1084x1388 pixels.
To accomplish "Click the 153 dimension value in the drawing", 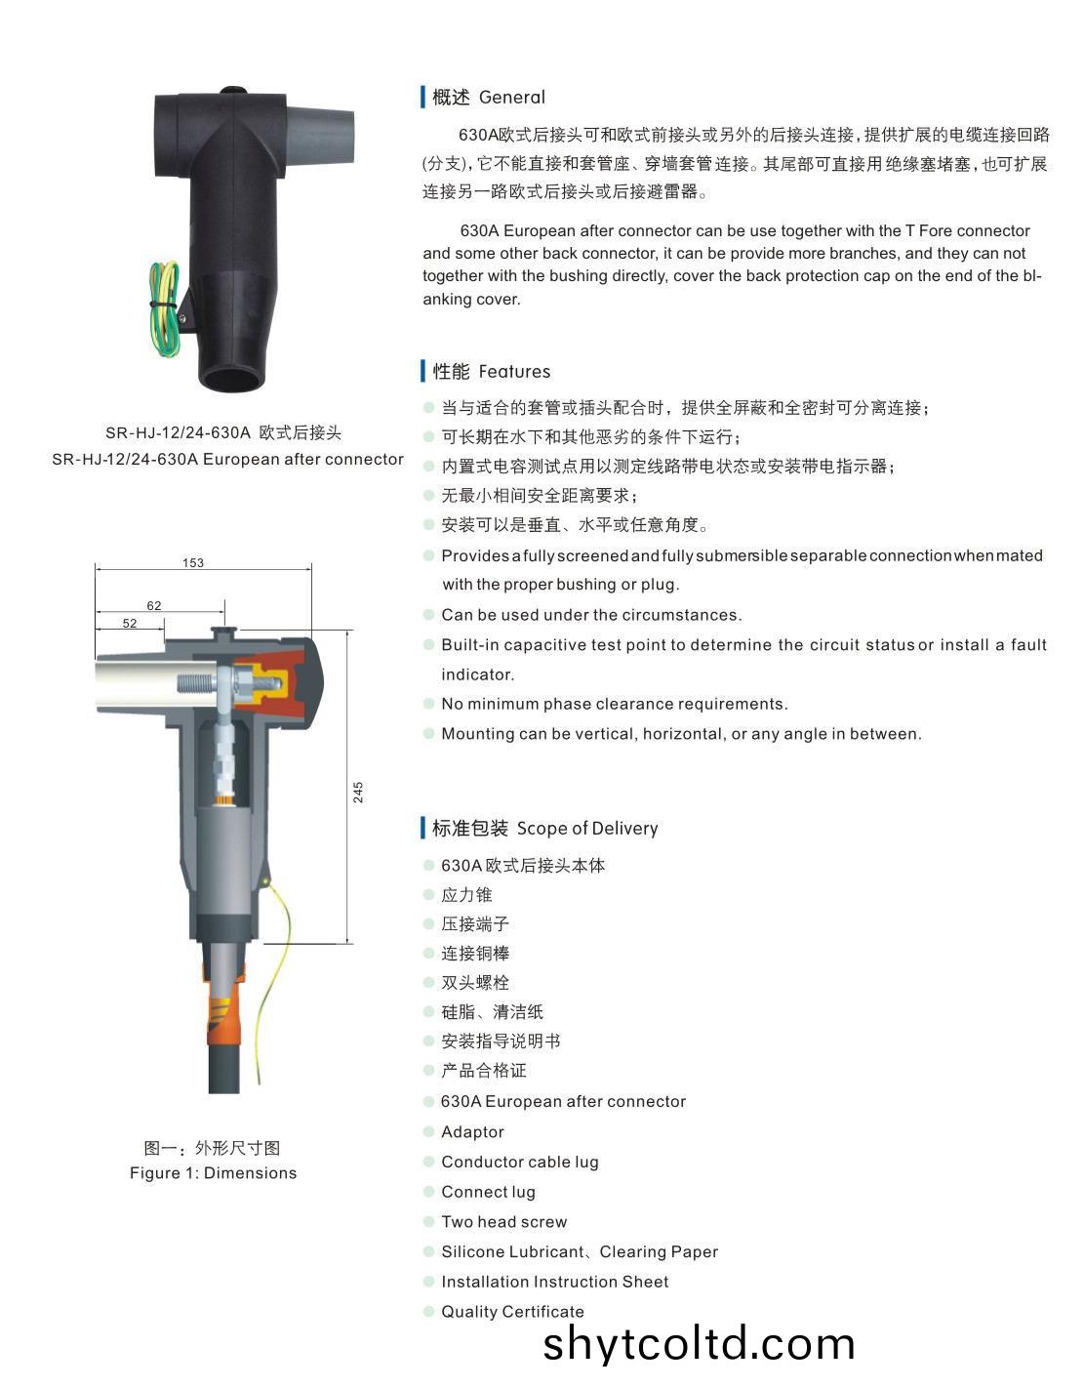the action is pyautogui.click(x=193, y=563).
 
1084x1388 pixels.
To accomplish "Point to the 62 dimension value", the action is pyautogui.click(x=154, y=605).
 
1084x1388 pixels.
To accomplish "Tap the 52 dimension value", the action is pyautogui.click(x=130, y=624).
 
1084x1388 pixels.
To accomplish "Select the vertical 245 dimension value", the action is pyautogui.click(x=358, y=792).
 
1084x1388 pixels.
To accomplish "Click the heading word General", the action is pyautogui.click(x=512, y=97).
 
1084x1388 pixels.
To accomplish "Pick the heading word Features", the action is pyautogui.click(x=514, y=371).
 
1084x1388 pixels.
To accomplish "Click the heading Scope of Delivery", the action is pyautogui.click(x=587, y=829).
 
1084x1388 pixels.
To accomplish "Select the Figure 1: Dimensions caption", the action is pyautogui.click(x=214, y=1172).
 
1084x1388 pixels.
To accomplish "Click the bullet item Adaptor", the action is pyautogui.click(x=472, y=1132).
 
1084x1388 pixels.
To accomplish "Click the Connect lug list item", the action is pyautogui.click(x=489, y=1192).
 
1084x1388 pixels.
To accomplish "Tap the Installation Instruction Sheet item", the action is pyautogui.click(x=555, y=1282).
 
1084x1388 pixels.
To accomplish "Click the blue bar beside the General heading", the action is pyautogui.click(x=422, y=97).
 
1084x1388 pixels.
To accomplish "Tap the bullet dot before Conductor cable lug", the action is pyautogui.click(x=429, y=1162).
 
